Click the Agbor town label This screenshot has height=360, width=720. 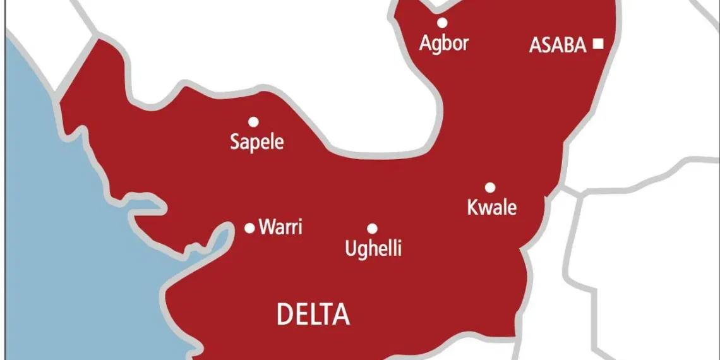pos(444,44)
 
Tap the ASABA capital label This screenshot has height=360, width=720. pos(558,45)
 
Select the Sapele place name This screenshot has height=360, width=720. pos(256,141)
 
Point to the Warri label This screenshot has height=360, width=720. pos(280,227)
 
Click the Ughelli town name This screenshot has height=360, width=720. pos(373,248)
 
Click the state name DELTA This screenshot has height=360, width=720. pos(313,315)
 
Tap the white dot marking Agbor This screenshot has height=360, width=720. pos(442,23)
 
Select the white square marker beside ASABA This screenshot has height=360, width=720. pos(597,44)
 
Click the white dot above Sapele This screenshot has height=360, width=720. pos(253,121)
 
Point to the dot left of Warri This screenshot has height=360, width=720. pos(249,228)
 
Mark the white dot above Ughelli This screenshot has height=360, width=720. pos(372,229)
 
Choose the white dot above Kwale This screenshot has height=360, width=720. pos(489,187)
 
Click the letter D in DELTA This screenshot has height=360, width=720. pos(285,315)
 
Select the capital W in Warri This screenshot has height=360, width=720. pos(266,227)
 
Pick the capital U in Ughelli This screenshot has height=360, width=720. pos(351,248)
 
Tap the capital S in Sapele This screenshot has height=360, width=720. pos(235,141)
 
